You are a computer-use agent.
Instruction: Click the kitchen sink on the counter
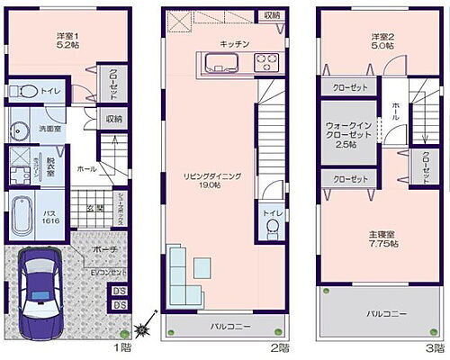pos(218,62)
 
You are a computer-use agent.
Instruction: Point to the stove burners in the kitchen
pos(267,62)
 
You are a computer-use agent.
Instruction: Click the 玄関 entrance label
pos(92,206)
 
